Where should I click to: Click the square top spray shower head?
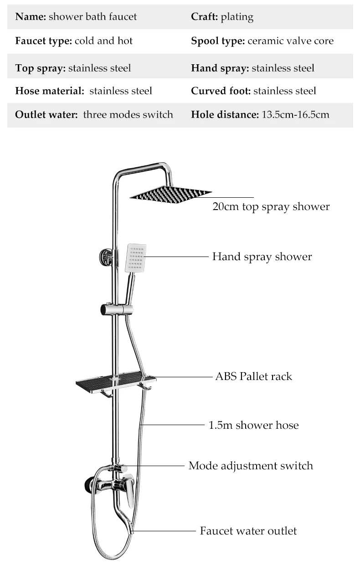[x=170, y=195]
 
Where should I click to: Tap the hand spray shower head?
[x=136, y=257]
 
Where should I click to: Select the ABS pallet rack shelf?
[x=116, y=382]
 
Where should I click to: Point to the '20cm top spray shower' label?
[x=271, y=206]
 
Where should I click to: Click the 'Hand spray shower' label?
[x=262, y=257]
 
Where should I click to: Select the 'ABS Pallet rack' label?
[x=254, y=376]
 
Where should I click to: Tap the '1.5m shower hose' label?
[x=254, y=425]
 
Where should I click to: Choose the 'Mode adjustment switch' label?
[x=251, y=466]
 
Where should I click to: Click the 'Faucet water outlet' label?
[x=248, y=531]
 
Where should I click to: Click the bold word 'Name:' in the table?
[x=31, y=17]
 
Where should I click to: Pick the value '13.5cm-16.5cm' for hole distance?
[x=295, y=114]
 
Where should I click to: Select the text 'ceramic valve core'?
[x=291, y=41]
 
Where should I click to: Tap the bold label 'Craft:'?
[x=205, y=17]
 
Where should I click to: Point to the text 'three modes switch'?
[x=128, y=114]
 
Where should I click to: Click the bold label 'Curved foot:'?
[x=221, y=91]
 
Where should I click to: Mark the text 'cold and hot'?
[x=103, y=41]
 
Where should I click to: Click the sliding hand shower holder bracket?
[x=117, y=309]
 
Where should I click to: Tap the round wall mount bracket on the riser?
[x=106, y=257]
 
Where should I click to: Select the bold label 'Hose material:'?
[x=50, y=91]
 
